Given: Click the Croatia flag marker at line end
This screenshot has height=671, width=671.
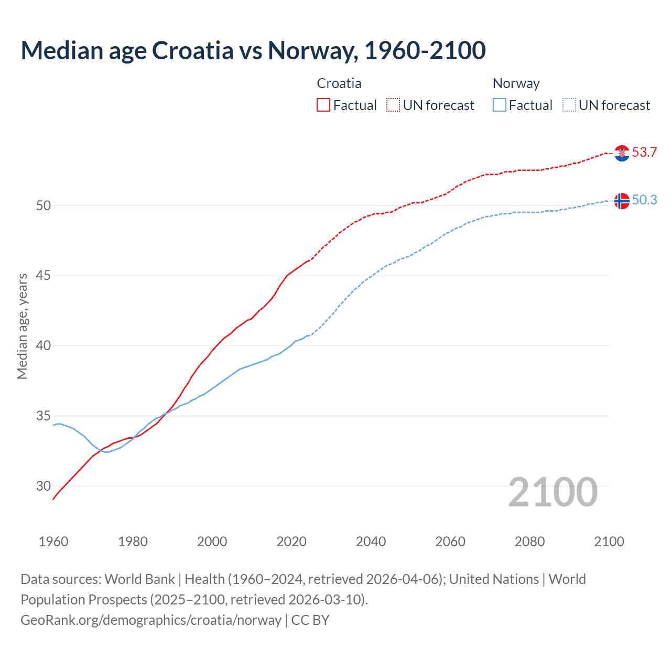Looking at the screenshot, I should [622, 153].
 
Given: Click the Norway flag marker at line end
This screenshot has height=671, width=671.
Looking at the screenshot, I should [622, 201].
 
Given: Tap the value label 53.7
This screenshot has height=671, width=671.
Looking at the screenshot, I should [644, 153].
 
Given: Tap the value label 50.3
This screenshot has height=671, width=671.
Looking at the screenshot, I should [644, 200].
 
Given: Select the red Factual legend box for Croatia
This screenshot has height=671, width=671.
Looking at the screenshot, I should [323, 105].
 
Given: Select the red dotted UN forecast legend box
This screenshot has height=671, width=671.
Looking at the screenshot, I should [393, 105].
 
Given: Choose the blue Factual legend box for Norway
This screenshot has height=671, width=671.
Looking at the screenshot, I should [500, 105].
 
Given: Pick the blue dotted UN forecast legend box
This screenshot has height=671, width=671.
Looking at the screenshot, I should [569, 105].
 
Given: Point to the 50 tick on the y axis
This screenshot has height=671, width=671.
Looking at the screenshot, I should [44, 206].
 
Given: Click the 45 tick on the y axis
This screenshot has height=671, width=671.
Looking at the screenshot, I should [44, 276].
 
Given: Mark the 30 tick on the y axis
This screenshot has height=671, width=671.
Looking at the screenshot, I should [44, 486].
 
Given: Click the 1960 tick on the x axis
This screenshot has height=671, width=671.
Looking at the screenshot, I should [53, 542].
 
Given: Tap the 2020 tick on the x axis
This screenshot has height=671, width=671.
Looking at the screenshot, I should [291, 542].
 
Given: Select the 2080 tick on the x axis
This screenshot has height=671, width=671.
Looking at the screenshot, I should [529, 542].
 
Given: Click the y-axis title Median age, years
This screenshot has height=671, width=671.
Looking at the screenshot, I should [22, 326].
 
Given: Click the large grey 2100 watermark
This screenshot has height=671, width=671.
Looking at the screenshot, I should [553, 492].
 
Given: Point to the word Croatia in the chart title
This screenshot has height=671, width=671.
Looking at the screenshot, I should [192, 51].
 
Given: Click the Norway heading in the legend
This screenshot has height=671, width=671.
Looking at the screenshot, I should [516, 83].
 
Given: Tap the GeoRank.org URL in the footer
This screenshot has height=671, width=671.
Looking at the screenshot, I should [151, 620].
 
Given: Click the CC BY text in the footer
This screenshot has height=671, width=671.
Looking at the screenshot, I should [310, 620].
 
